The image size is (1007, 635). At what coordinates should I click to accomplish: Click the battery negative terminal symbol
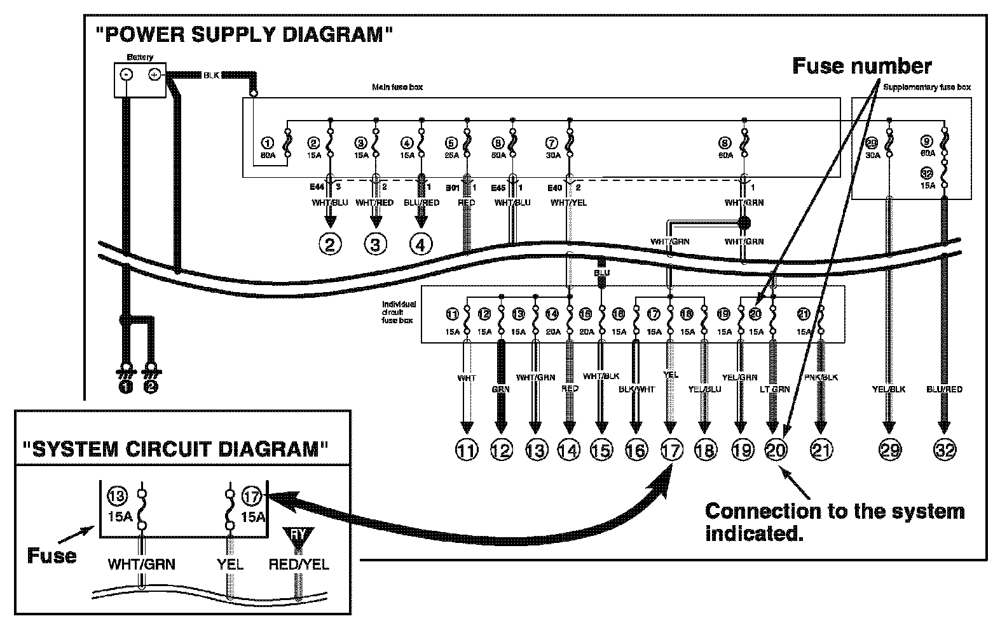click(127, 74)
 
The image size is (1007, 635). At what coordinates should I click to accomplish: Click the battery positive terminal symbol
click(153, 74)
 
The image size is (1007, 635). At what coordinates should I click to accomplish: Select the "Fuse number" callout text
click(861, 66)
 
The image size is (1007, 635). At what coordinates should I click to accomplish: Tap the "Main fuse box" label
click(397, 87)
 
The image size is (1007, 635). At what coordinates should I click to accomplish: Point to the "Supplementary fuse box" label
click(927, 87)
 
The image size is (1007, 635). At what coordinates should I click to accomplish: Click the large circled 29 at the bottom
click(889, 450)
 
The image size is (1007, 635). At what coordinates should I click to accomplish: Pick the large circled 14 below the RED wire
click(569, 450)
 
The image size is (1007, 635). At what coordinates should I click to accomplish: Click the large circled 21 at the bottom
click(821, 450)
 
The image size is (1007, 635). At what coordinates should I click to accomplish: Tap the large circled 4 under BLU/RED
click(421, 244)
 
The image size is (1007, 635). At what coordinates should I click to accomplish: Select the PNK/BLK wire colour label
click(821, 377)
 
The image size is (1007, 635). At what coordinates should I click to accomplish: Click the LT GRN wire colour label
click(774, 389)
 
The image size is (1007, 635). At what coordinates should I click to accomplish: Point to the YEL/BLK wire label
click(889, 389)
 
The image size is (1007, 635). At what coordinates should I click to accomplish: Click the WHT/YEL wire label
click(568, 203)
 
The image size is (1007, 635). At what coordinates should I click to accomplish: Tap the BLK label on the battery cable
click(211, 75)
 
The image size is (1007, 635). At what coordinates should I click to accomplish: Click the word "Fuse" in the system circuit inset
click(52, 556)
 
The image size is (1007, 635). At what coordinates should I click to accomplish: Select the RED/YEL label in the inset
click(299, 564)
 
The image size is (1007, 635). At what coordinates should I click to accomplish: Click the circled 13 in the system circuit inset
click(118, 496)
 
